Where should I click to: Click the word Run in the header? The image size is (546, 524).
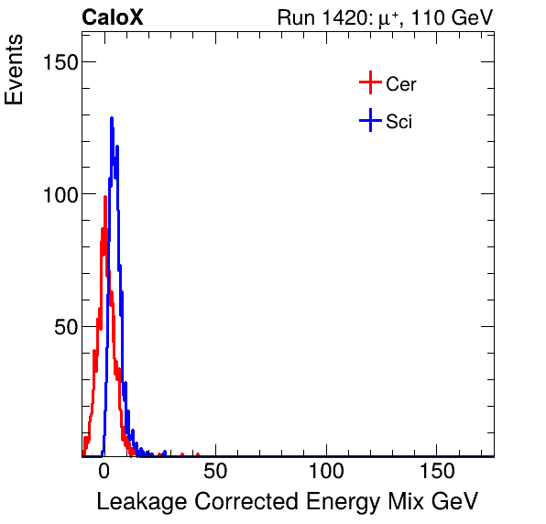pos(296,17)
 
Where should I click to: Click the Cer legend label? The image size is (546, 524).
pos(401,84)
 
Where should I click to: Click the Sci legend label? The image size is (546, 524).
pos(399,121)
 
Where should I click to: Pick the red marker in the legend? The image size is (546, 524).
pos(369,83)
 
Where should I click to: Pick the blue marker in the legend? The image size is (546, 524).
pos(369,120)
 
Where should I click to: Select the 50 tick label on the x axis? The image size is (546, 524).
pos(214,472)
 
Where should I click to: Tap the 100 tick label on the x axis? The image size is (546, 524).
pos(325,472)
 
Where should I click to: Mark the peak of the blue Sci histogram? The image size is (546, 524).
pos(111,118)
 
